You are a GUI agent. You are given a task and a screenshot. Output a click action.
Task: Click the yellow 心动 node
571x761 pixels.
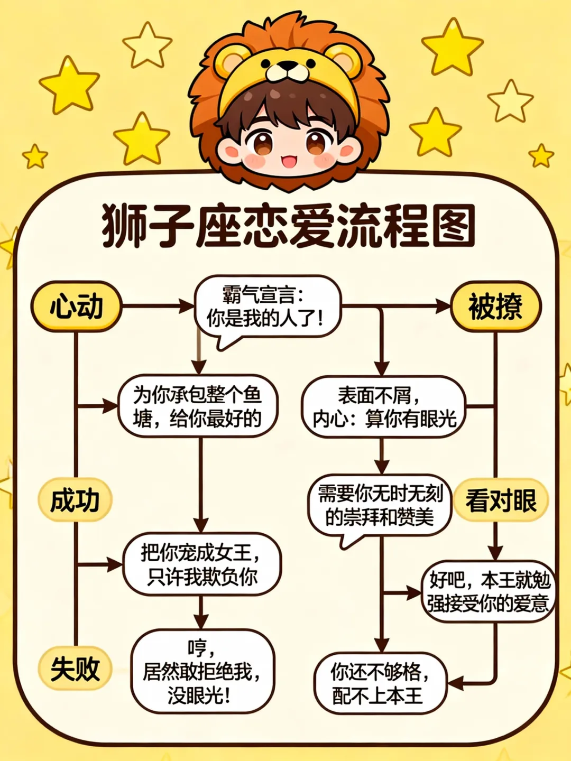[x=77, y=307]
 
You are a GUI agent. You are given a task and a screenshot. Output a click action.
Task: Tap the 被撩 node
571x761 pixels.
[x=495, y=307]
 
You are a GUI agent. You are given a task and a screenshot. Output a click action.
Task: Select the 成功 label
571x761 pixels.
[x=75, y=500]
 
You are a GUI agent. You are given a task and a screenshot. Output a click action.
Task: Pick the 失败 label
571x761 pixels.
[x=75, y=669]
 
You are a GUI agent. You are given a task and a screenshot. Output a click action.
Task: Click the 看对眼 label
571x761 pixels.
[x=501, y=500]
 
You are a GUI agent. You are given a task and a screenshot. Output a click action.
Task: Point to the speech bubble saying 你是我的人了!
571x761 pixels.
[x=268, y=307]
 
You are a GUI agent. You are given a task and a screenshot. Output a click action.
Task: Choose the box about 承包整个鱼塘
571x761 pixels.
[x=198, y=406]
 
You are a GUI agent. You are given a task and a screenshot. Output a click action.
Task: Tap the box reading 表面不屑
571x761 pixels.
[x=384, y=406]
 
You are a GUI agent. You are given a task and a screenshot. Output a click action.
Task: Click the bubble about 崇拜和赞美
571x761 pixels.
[x=380, y=505]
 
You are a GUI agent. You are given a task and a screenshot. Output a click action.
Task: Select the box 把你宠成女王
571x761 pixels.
[x=201, y=564]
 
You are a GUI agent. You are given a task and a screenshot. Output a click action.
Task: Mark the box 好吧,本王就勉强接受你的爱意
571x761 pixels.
[x=488, y=591]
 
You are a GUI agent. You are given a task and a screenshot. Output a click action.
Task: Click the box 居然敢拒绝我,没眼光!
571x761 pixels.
[x=201, y=671]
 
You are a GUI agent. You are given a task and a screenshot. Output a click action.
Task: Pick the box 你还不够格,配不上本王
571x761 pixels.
[x=380, y=683]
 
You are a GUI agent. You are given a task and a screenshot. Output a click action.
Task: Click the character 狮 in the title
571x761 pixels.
[x=123, y=226]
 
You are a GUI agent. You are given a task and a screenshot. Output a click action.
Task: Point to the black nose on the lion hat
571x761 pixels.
[x=287, y=67]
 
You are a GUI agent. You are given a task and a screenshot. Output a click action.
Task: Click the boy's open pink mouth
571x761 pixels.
[x=289, y=160]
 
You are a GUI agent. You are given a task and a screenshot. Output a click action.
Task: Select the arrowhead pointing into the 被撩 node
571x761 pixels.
[x=443, y=306]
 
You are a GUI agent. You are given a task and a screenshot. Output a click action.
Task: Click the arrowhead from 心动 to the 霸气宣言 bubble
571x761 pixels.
[x=187, y=306]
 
